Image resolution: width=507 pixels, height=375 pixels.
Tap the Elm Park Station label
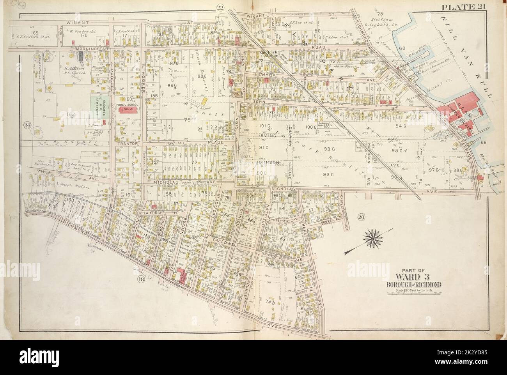tap(266, 54)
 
